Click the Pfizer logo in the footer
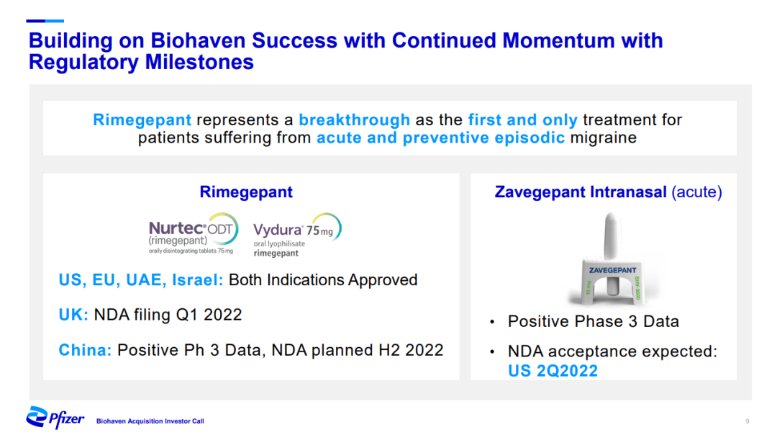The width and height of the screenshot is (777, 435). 55,418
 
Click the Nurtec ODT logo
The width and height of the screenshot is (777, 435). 194,233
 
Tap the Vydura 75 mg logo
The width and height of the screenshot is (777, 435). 297,235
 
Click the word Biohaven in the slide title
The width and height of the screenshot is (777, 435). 201,40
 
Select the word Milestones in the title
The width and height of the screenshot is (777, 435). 199,63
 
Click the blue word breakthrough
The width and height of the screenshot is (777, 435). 354,120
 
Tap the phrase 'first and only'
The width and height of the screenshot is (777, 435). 523,120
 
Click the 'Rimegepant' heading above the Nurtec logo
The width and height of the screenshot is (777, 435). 246,192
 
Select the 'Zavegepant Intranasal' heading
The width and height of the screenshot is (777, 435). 581,192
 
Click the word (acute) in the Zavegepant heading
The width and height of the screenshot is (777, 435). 696,192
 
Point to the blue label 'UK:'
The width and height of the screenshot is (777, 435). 73,315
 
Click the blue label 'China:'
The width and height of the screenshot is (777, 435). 85,350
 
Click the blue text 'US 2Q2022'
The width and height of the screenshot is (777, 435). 553,371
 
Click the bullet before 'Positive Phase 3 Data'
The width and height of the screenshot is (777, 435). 492,322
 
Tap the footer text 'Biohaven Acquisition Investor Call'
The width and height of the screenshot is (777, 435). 150,421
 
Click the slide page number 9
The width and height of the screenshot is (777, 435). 748,421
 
